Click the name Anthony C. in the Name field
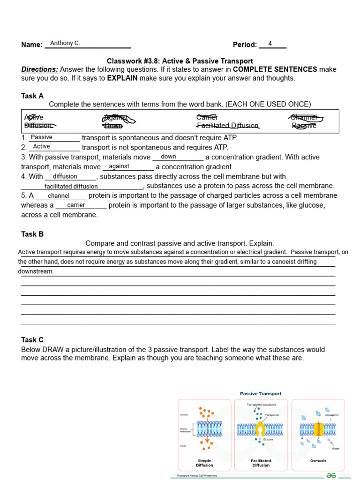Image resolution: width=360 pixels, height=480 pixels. click(x=65, y=43)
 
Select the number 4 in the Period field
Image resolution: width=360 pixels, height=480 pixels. click(x=270, y=44)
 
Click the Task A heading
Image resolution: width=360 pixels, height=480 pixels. click(x=32, y=96)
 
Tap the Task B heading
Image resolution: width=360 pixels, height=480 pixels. click(x=32, y=234)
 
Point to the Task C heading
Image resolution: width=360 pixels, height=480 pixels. click(x=32, y=340)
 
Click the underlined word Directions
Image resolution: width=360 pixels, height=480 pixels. click(x=40, y=69)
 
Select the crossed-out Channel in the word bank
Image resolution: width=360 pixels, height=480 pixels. click(x=304, y=117)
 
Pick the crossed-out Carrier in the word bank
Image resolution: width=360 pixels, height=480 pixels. click(x=207, y=117)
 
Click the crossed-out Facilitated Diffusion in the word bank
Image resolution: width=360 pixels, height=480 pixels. click(x=228, y=126)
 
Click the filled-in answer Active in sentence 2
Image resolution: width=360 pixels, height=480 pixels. click(x=41, y=147)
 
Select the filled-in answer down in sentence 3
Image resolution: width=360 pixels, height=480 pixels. click(x=168, y=157)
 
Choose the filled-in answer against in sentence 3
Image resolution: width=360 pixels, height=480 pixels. click(x=119, y=166)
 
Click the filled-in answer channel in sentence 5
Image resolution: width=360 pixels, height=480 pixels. click(x=59, y=196)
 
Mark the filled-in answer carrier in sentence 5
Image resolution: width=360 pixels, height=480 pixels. click(x=76, y=205)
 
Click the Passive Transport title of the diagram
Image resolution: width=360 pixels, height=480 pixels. click(x=261, y=394)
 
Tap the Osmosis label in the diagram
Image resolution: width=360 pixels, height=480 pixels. click(x=318, y=461)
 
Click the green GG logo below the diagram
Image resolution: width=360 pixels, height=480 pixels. click(x=331, y=474)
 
